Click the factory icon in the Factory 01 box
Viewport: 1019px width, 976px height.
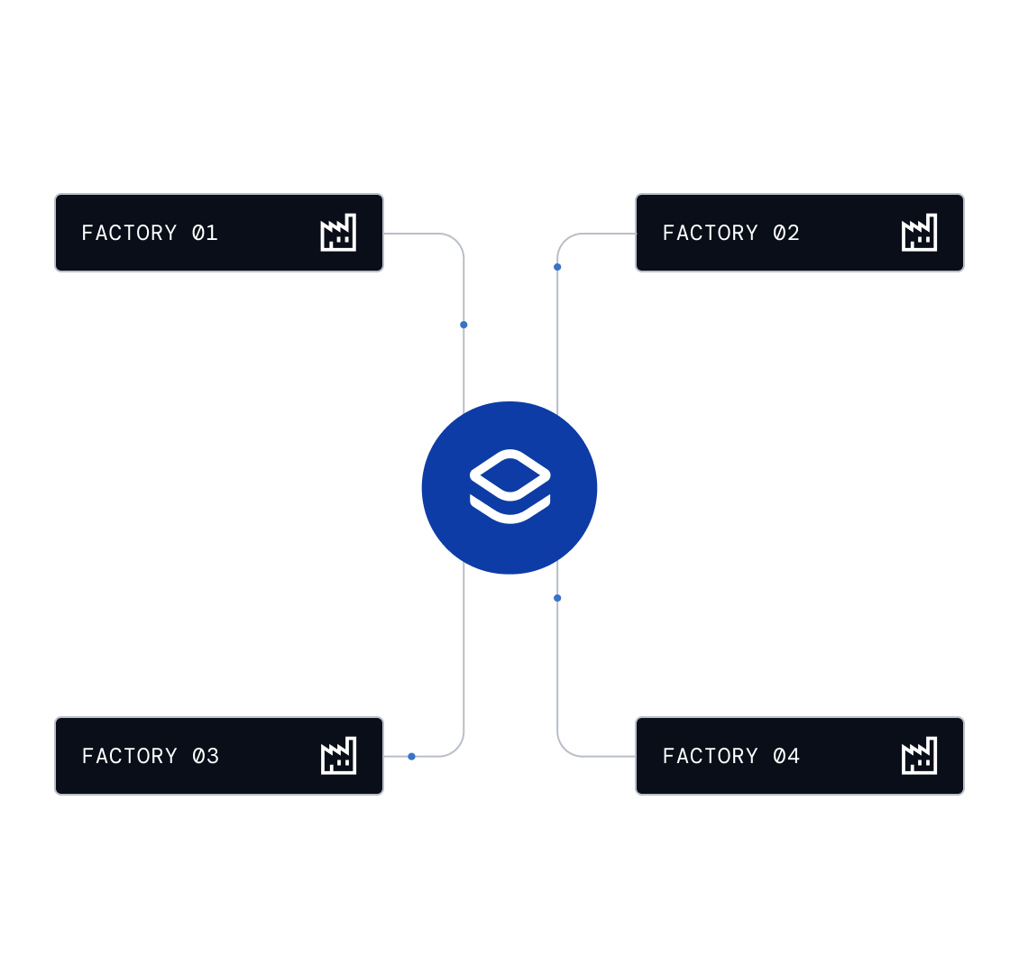click(x=338, y=233)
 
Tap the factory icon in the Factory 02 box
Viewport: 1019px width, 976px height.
click(x=919, y=233)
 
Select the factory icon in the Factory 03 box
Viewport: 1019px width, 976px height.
click(x=338, y=756)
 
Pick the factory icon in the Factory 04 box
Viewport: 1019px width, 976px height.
click(x=919, y=756)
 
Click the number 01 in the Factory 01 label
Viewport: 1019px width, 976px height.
click(x=205, y=233)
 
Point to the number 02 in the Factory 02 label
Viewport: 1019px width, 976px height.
click(x=785, y=233)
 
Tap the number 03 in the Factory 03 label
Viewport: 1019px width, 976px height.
click(x=205, y=756)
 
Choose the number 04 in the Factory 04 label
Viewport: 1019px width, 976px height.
click(x=785, y=756)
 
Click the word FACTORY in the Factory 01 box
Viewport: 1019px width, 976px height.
click(x=129, y=233)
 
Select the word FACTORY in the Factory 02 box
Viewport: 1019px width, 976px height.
click(x=710, y=233)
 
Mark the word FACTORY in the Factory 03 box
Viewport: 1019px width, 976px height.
click(x=129, y=756)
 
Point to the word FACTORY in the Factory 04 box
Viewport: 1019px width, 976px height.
click(x=710, y=756)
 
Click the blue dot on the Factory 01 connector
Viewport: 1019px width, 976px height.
click(x=464, y=325)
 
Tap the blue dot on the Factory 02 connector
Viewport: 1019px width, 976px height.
click(x=557, y=267)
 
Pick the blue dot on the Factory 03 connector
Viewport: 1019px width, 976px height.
click(x=411, y=756)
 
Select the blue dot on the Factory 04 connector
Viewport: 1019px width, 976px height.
click(x=557, y=598)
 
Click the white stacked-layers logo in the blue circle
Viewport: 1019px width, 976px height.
click(x=509, y=487)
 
